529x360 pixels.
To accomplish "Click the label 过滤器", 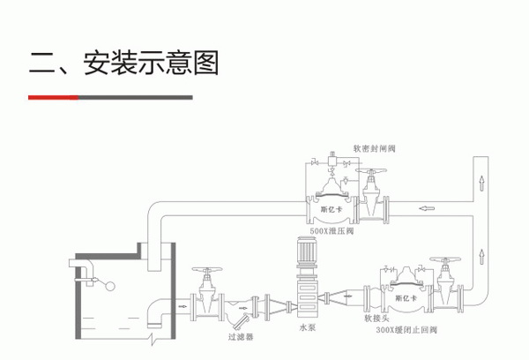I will (239, 336).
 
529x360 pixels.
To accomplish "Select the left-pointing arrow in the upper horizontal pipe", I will (426, 210).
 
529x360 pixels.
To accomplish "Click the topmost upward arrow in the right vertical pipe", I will (481, 184).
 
